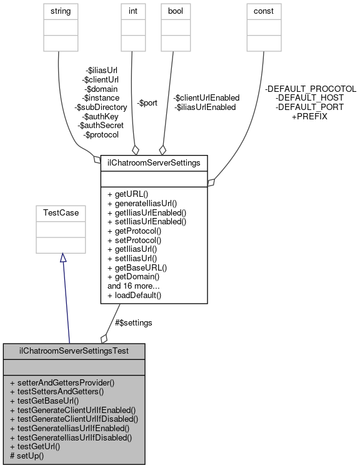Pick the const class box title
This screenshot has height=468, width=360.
click(263, 11)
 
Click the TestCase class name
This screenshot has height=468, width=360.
click(60, 212)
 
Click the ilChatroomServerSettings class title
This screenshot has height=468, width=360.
click(154, 163)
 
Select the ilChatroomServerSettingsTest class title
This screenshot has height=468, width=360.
click(74, 351)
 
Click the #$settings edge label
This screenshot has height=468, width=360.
click(134, 322)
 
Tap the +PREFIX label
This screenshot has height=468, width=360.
click(309, 117)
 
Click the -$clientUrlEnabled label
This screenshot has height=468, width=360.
click(206, 98)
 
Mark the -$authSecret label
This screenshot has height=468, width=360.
click(101, 126)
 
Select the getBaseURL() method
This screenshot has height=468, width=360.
click(137, 267)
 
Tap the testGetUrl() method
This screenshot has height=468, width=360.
click(39, 447)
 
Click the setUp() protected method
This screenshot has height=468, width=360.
click(30, 456)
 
